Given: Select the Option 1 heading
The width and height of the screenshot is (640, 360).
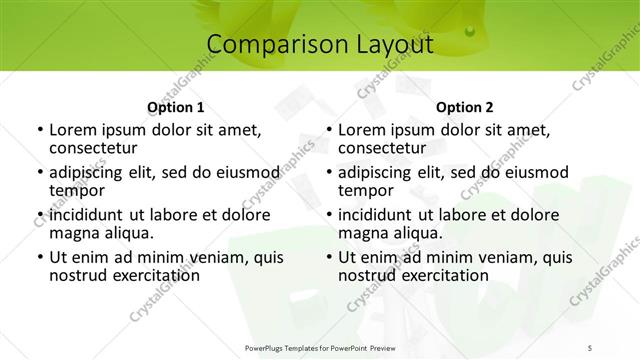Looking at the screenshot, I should point(176,107).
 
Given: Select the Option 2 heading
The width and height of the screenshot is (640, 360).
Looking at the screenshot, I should point(464,107).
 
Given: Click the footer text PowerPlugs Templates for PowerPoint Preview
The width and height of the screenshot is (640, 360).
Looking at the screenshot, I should point(320,346).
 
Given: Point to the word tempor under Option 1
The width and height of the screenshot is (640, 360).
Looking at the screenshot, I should point(77,190).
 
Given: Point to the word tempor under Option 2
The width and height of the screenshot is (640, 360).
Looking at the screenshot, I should point(366,190).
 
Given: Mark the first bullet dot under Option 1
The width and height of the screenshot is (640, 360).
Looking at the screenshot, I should point(39,131).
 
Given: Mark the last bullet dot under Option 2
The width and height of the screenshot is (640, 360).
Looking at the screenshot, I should point(328,258).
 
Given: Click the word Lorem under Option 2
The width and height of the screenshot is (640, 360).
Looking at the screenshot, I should point(360,130).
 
